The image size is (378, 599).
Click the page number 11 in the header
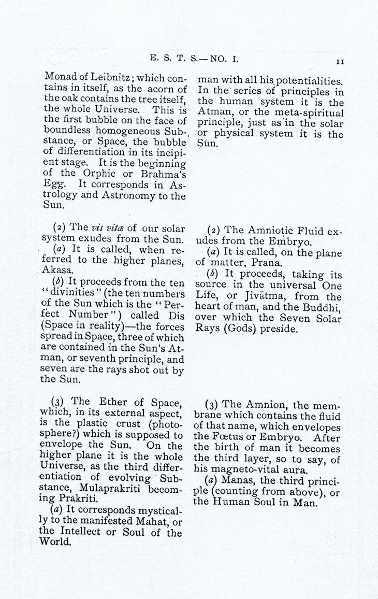[x=340, y=61]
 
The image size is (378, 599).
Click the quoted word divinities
[x=67, y=292]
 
